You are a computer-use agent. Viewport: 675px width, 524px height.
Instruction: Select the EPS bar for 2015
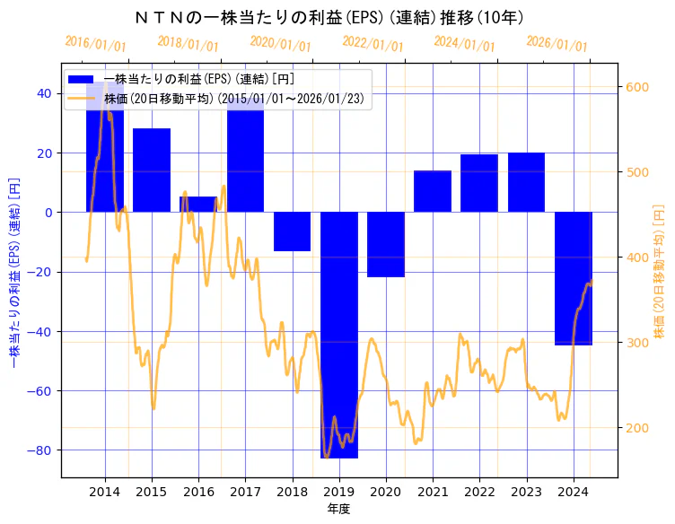pos(152,170)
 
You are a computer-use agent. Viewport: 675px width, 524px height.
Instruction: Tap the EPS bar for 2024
pos(574,278)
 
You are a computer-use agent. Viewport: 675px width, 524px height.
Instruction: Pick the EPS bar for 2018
pos(292,231)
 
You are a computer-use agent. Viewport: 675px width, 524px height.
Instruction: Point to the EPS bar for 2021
pos(433,191)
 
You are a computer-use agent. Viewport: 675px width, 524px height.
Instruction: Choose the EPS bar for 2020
pos(386,244)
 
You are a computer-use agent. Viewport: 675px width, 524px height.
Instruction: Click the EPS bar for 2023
pos(526,182)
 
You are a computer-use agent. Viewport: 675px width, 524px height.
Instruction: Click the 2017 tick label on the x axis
pos(245,492)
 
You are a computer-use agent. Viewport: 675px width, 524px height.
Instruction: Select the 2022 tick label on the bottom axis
pos(479,492)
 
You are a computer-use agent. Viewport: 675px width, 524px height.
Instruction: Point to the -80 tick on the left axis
pos(41,450)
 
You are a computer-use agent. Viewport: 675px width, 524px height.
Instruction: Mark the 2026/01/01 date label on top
pos(557,43)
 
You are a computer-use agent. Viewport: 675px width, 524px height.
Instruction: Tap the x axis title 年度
pos(338,509)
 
